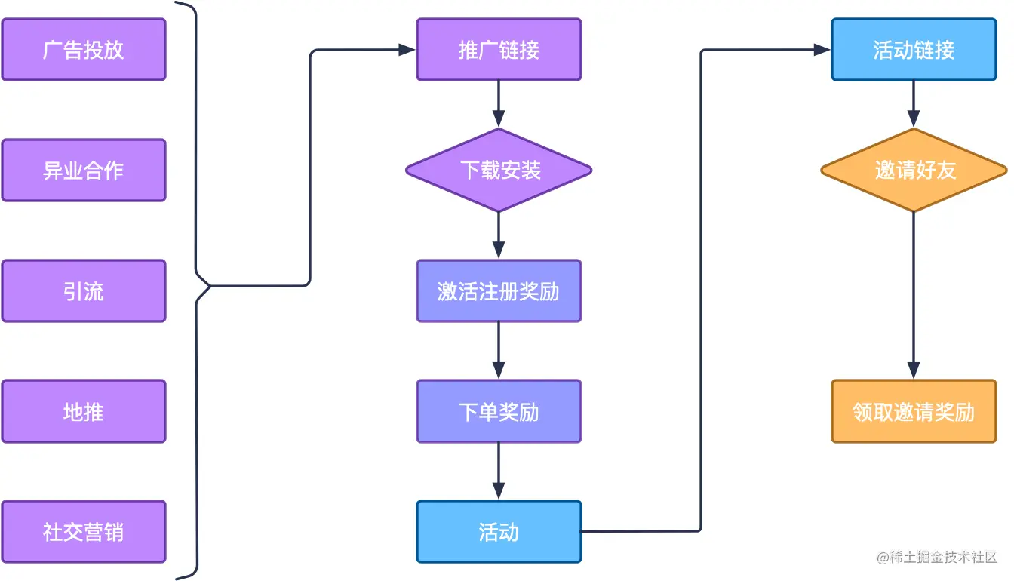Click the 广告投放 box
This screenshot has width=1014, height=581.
click(x=84, y=50)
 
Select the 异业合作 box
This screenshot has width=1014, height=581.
click(x=84, y=171)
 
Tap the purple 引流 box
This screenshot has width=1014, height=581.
click(x=84, y=291)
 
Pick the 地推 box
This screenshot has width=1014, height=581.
click(x=84, y=412)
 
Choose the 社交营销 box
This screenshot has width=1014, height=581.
click(x=84, y=533)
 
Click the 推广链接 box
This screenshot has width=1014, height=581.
click(x=499, y=50)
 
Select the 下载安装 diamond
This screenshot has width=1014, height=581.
click(x=499, y=171)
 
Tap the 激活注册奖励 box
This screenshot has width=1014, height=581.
click(x=499, y=291)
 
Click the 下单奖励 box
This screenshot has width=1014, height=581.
click(x=499, y=412)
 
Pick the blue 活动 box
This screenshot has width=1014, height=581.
click(x=499, y=532)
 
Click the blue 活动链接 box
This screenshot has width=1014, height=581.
click(x=914, y=50)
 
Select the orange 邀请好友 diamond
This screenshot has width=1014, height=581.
click(x=914, y=171)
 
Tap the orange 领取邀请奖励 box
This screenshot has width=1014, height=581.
click(x=914, y=412)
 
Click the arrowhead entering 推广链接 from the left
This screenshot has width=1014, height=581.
click(x=407, y=50)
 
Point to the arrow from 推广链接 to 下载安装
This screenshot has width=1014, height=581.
click(x=499, y=103)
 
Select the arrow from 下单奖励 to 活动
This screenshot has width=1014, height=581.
click(x=499, y=471)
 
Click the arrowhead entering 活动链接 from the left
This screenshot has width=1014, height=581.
click(x=822, y=50)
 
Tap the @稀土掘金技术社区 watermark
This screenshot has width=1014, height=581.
click(x=937, y=558)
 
